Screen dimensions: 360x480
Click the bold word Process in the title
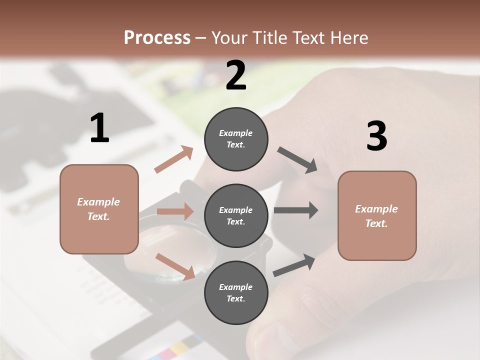(x=157, y=37)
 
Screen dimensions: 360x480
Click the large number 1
(x=99, y=128)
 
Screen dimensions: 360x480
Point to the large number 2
(x=236, y=75)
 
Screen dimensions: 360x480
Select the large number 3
(x=376, y=136)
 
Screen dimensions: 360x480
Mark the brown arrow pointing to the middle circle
(x=175, y=211)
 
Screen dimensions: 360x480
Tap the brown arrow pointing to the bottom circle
(x=175, y=265)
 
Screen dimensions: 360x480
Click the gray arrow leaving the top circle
(x=297, y=160)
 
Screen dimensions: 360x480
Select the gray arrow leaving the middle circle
(x=295, y=210)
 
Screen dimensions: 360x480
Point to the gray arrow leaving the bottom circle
(x=294, y=265)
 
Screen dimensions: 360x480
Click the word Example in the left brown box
(x=98, y=202)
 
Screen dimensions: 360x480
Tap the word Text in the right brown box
(x=376, y=223)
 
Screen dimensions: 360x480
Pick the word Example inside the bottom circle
(x=236, y=287)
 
